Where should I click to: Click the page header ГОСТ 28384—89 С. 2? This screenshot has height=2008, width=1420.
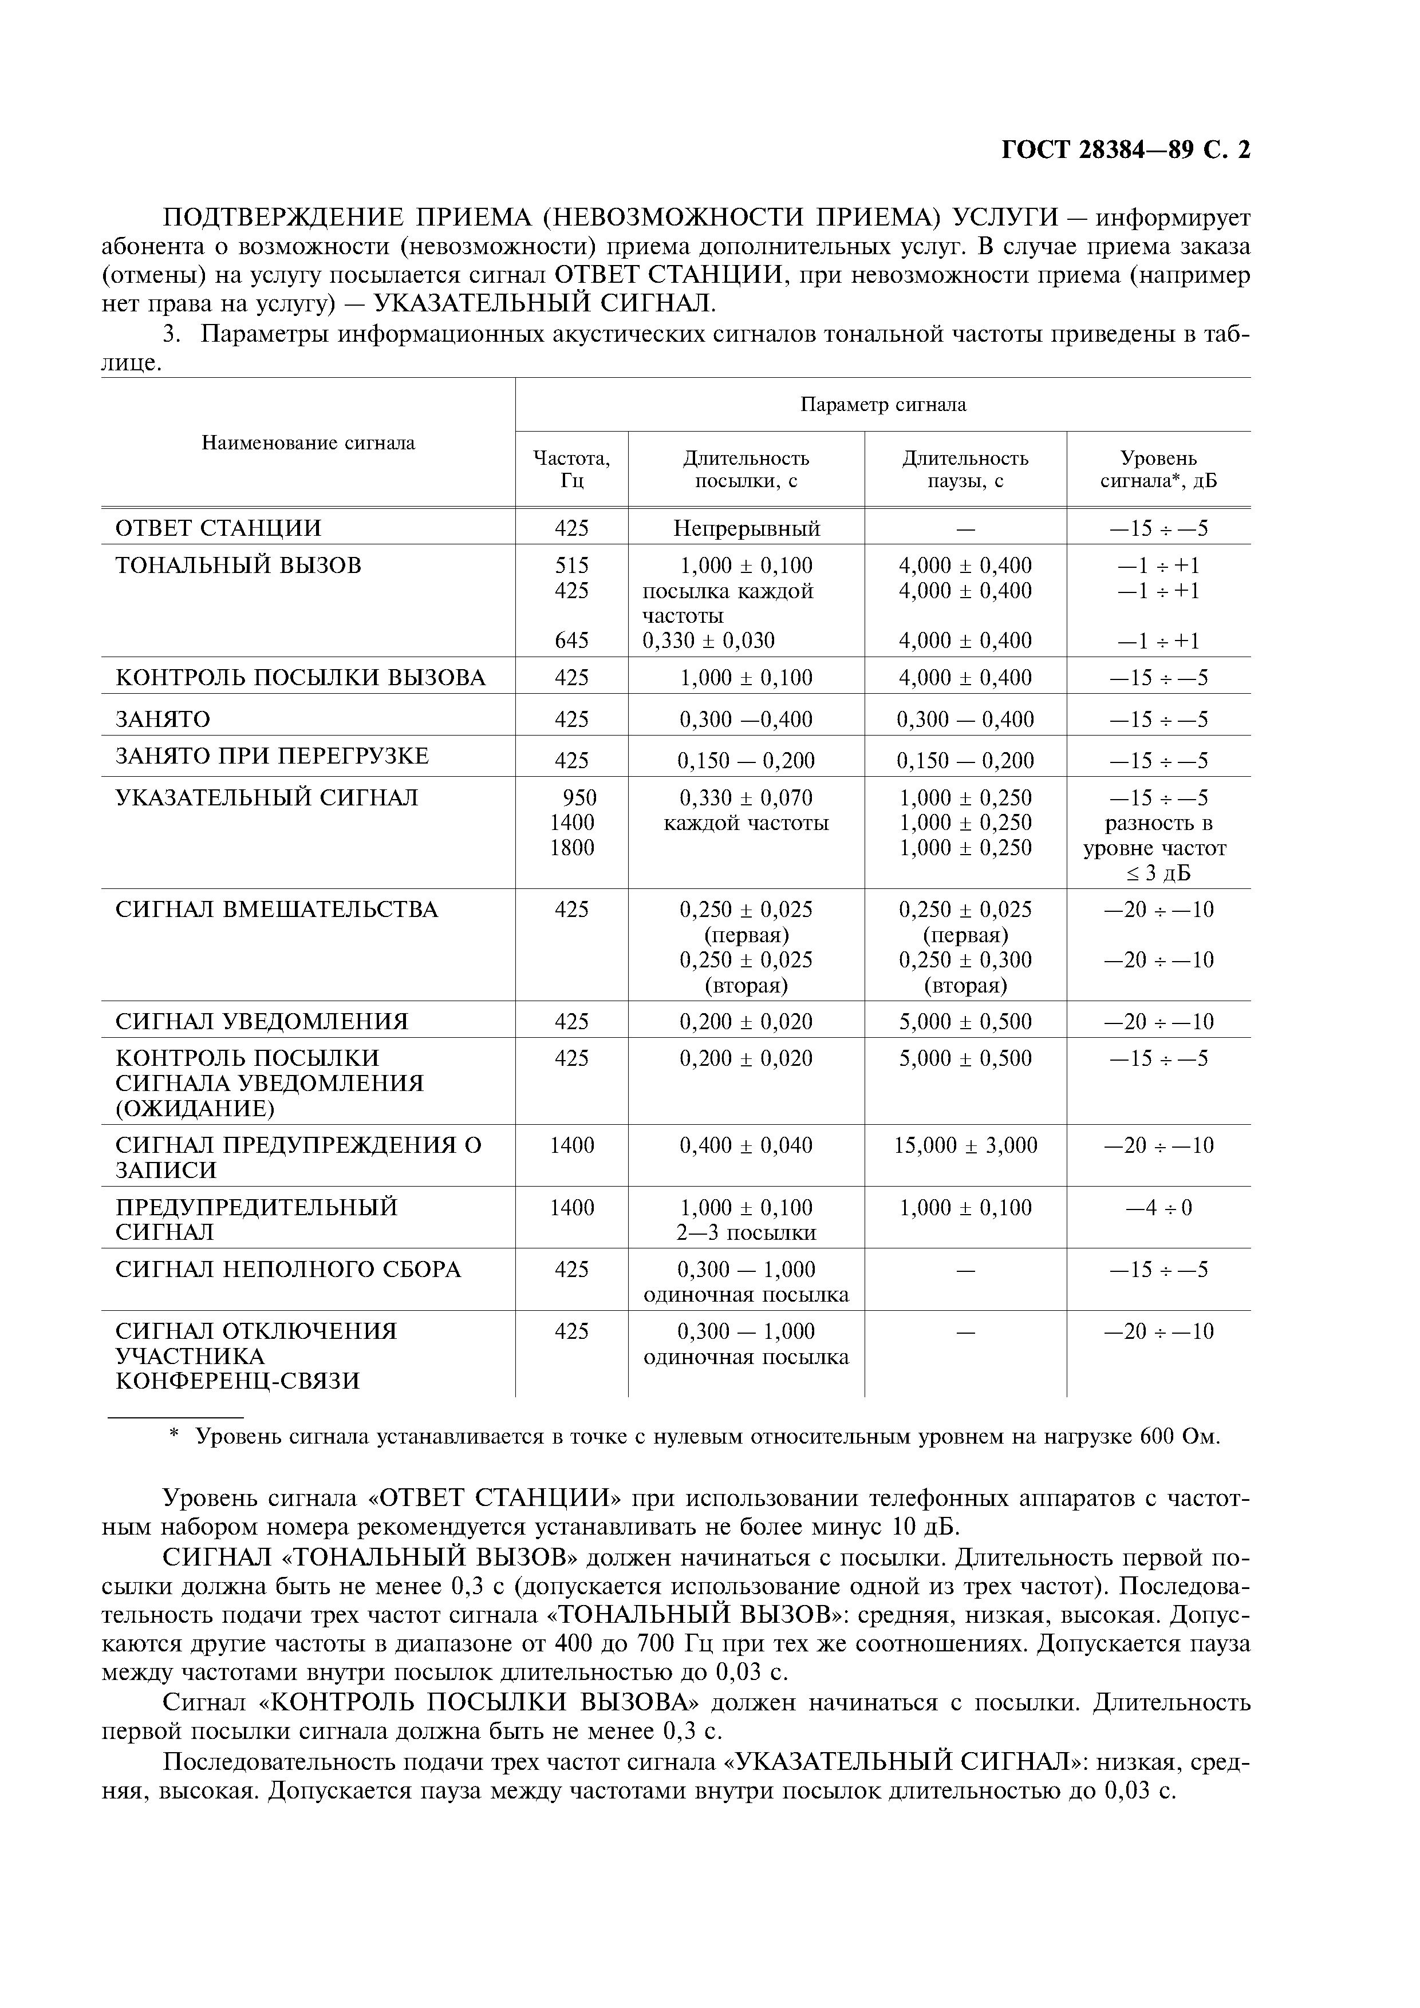pyautogui.click(x=1125, y=151)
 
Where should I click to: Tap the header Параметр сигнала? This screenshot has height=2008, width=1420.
pyautogui.click(x=883, y=404)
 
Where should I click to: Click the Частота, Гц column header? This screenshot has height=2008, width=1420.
pyautogui.click(x=571, y=469)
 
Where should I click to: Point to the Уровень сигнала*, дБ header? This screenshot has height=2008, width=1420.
pyautogui.click(x=1158, y=469)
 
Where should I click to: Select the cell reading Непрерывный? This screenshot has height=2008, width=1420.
pyautogui.click(x=746, y=528)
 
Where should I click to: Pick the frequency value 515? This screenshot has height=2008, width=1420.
pyautogui.click(x=571, y=565)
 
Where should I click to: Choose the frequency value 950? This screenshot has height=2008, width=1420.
pyautogui.click(x=579, y=797)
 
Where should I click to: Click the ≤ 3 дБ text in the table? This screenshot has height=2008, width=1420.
pyautogui.click(x=1158, y=873)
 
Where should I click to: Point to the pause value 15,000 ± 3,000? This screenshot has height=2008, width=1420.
pyautogui.click(x=965, y=1146)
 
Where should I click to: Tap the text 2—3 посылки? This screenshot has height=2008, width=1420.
pyautogui.click(x=746, y=1233)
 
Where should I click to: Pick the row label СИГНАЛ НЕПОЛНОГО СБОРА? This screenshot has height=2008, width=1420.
pyautogui.click(x=288, y=1270)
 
